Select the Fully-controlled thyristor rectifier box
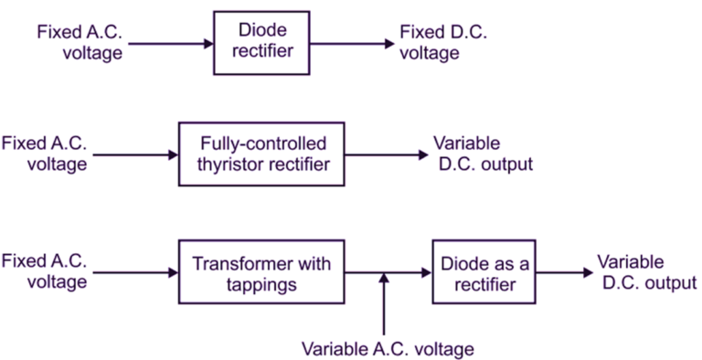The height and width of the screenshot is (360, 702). (x=261, y=154)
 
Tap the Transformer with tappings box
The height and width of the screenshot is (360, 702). (x=261, y=272)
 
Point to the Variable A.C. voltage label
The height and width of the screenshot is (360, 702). (x=388, y=348)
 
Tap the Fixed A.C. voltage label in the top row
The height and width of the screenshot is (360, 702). (x=79, y=43)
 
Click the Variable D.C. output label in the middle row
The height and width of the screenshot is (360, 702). (x=482, y=154)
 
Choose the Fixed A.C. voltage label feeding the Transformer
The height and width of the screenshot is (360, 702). (x=45, y=272)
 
